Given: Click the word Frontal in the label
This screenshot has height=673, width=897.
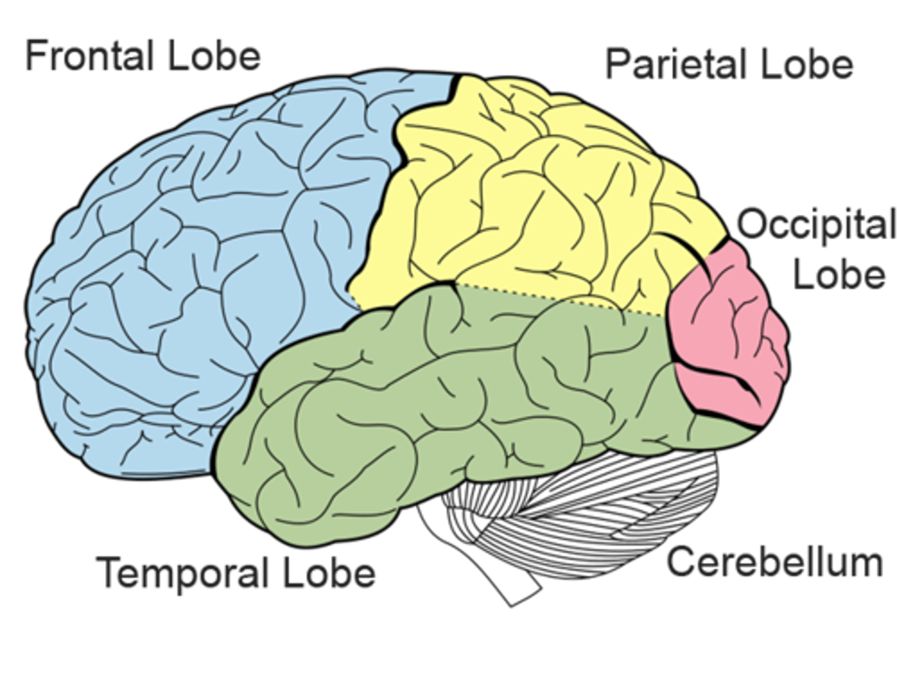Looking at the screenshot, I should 90,56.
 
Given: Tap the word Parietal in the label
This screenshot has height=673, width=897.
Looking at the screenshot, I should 676,64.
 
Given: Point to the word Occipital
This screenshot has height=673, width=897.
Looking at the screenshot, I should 816,226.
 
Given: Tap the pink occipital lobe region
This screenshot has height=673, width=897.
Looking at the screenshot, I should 729,336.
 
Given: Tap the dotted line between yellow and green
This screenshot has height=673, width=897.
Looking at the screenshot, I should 561,298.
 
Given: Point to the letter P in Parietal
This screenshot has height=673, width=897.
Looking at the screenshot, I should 617,64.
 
